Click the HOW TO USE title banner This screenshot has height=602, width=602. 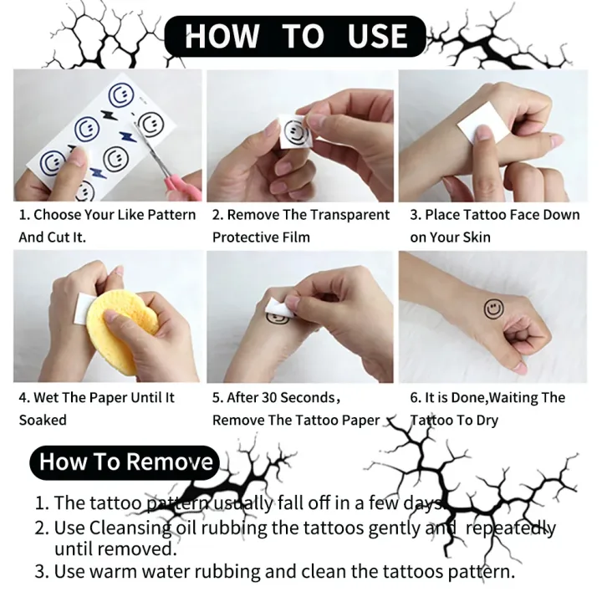(296, 36)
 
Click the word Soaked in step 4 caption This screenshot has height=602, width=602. (43, 420)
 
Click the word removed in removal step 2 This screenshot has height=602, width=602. (141, 549)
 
